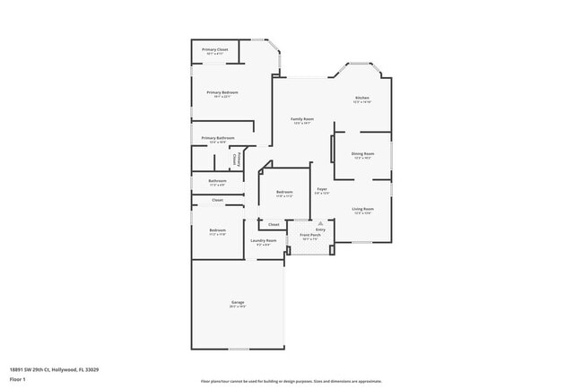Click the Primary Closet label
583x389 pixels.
[x=214, y=49]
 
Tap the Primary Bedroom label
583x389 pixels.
[x=222, y=93]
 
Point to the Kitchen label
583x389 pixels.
[x=361, y=98]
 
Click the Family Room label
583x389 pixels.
[x=301, y=119]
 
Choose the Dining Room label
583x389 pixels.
[x=362, y=154]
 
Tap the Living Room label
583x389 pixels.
[x=362, y=209]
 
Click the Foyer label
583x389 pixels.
[x=322, y=189]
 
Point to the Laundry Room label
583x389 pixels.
[x=263, y=240]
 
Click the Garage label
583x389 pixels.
[x=238, y=303]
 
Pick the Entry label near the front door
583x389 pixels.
[x=320, y=230]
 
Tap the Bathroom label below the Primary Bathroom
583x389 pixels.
[x=217, y=181]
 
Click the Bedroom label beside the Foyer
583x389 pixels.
[x=284, y=193]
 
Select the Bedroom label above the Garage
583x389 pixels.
[x=217, y=230]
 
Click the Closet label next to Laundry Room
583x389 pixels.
[x=274, y=224]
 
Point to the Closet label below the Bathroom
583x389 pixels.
[x=217, y=200]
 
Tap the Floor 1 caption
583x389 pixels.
[x=18, y=379]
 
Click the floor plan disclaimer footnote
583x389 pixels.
[x=291, y=380]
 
